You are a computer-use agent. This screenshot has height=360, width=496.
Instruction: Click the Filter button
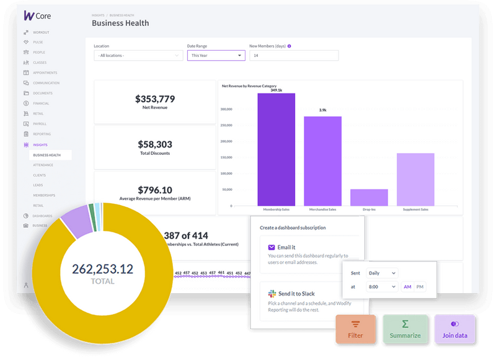(x=356, y=330)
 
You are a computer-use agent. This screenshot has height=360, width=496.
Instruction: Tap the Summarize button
(x=405, y=330)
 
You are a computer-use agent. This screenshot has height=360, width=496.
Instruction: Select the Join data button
(x=454, y=330)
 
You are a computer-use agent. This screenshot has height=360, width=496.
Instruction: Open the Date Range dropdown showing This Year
(x=216, y=55)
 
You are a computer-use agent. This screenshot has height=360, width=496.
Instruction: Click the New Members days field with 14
(x=294, y=55)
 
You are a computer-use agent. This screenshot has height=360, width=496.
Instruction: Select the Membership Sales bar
(x=276, y=149)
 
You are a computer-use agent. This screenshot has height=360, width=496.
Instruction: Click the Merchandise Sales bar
(x=322, y=161)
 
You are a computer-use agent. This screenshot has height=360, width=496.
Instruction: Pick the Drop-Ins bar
(x=369, y=198)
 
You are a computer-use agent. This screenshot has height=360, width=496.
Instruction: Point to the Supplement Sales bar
(x=415, y=180)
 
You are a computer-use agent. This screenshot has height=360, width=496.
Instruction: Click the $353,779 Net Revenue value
(x=155, y=99)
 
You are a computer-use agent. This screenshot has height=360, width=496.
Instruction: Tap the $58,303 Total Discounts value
(x=155, y=144)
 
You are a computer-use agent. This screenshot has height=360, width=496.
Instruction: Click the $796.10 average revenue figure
(x=155, y=190)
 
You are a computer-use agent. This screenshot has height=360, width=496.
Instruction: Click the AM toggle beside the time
(x=407, y=287)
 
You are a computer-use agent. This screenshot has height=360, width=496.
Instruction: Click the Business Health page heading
(x=120, y=23)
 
